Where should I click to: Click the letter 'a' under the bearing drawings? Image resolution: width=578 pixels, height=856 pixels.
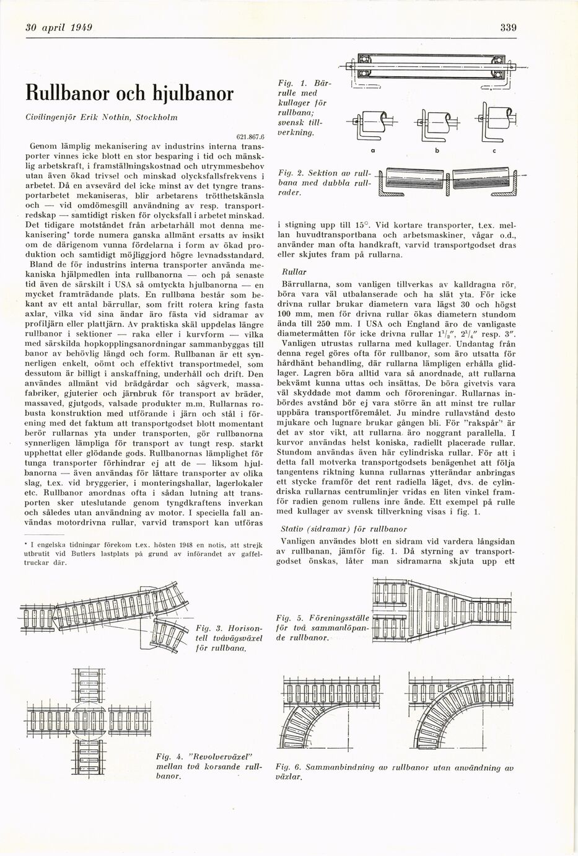point(372,151)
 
